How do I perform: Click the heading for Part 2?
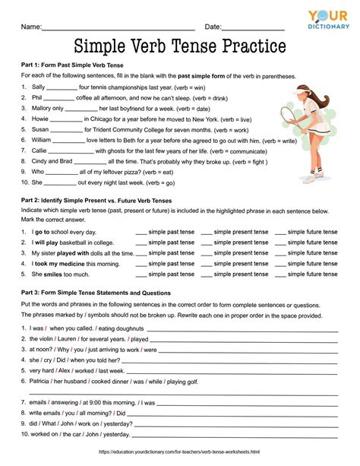click(96, 200)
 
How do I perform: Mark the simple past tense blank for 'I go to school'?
click(141, 232)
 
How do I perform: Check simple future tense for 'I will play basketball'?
click(280, 243)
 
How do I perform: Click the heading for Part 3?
click(96, 293)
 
